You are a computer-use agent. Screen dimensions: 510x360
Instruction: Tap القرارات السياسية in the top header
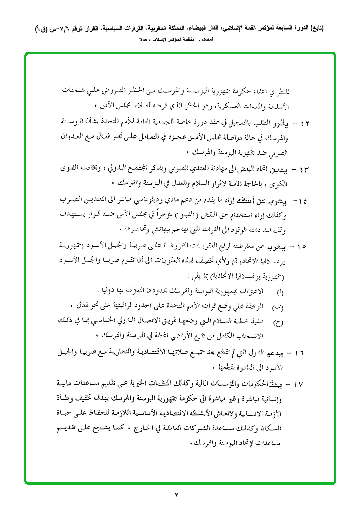123,28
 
